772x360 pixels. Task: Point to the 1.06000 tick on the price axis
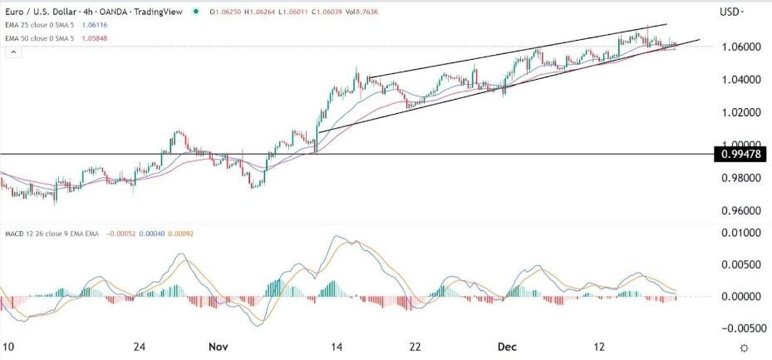tap(738, 47)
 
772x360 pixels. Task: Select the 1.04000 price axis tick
tap(738, 80)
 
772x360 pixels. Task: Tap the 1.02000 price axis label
tap(738, 112)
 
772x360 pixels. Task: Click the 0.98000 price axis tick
tap(738, 178)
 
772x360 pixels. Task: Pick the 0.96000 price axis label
tap(738, 210)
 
